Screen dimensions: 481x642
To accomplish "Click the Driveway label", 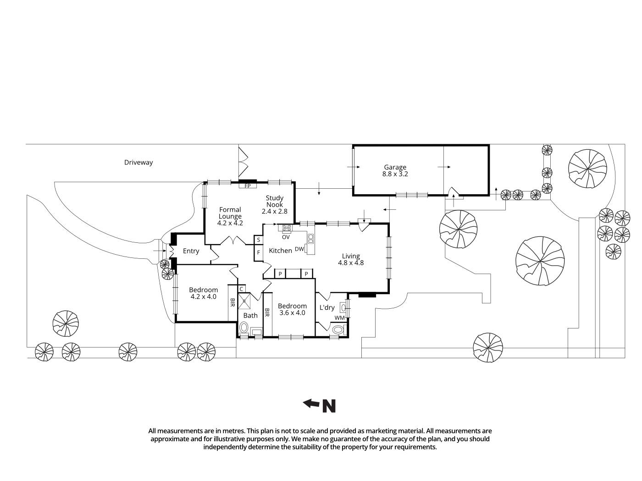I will pyautogui.click(x=138, y=162).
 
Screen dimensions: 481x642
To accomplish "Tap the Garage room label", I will pyautogui.click(x=395, y=167).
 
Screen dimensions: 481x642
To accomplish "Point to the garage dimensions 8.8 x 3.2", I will pyautogui.click(x=395, y=174).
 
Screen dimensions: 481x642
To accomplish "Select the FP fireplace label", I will pyautogui.click(x=248, y=186).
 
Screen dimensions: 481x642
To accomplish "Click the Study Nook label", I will pyautogui.click(x=274, y=201).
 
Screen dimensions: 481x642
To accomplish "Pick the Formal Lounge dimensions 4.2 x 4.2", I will pyautogui.click(x=230, y=223).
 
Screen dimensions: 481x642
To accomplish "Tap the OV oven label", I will pyautogui.click(x=286, y=237).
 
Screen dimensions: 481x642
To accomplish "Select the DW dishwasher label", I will pyautogui.click(x=299, y=249).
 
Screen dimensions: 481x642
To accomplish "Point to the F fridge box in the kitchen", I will pyautogui.click(x=259, y=252).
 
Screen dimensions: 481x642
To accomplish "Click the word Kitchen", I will pyautogui.click(x=280, y=251).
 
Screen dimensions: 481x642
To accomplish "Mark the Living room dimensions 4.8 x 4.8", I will pyautogui.click(x=351, y=263).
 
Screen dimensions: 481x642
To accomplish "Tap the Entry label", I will pyautogui.click(x=191, y=251).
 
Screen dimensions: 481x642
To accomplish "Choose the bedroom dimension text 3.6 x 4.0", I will pyautogui.click(x=292, y=313).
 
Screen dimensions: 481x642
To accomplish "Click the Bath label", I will pyautogui.click(x=250, y=315).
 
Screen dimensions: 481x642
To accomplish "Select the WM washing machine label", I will pyautogui.click(x=339, y=318).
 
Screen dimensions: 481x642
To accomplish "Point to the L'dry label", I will pyautogui.click(x=327, y=307).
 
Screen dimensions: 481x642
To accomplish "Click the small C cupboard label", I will pyautogui.click(x=241, y=289).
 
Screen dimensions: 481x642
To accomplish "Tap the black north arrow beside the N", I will pyautogui.click(x=311, y=403).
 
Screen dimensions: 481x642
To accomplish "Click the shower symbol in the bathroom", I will pyautogui.click(x=245, y=301).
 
